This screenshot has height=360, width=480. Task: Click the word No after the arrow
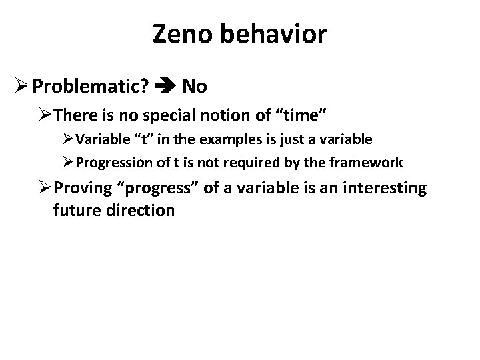tap(194, 86)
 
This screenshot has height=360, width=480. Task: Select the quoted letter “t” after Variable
tap(139, 140)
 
